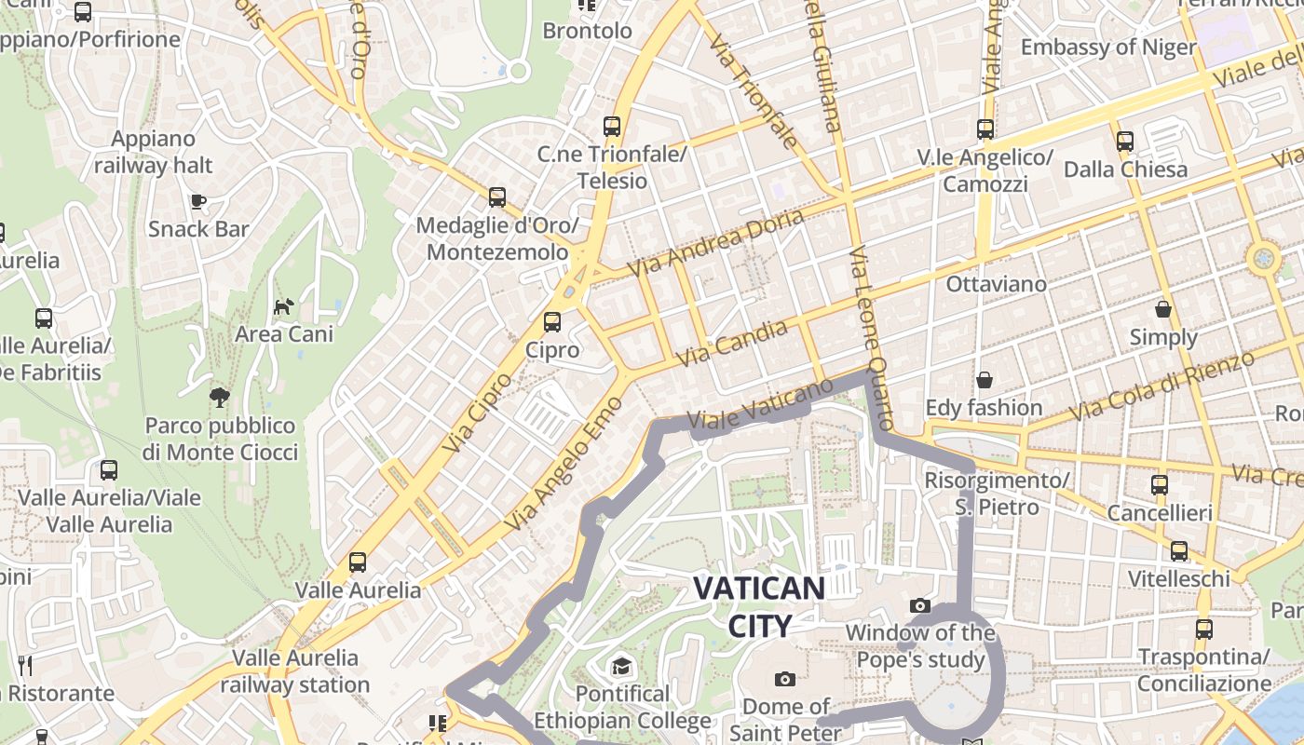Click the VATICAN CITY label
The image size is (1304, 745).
click(x=759, y=606)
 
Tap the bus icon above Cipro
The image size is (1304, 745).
click(x=552, y=322)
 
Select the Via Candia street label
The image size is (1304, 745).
click(x=731, y=344)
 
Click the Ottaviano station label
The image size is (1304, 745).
click(x=996, y=284)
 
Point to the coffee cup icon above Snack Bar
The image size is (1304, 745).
click(x=197, y=201)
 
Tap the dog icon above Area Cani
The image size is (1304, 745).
click(x=283, y=305)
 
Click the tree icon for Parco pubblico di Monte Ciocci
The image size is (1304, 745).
click(x=220, y=398)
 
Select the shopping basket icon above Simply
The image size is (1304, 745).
click(x=1162, y=309)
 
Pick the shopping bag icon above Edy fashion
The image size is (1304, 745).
click(x=984, y=380)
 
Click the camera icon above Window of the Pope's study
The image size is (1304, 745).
click(x=920, y=605)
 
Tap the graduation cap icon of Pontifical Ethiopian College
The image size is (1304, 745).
click(x=621, y=666)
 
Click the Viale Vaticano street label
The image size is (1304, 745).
click(x=758, y=407)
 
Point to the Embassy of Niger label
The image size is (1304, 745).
click(x=1108, y=47)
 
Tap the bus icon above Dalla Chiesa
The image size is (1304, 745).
click(x=1125, y=142)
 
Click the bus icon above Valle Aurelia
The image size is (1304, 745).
click(x=358, y=562)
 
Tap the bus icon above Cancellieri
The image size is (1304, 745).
click(x=1159, y=485)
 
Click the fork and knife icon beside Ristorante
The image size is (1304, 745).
click(x=25, y=666)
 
